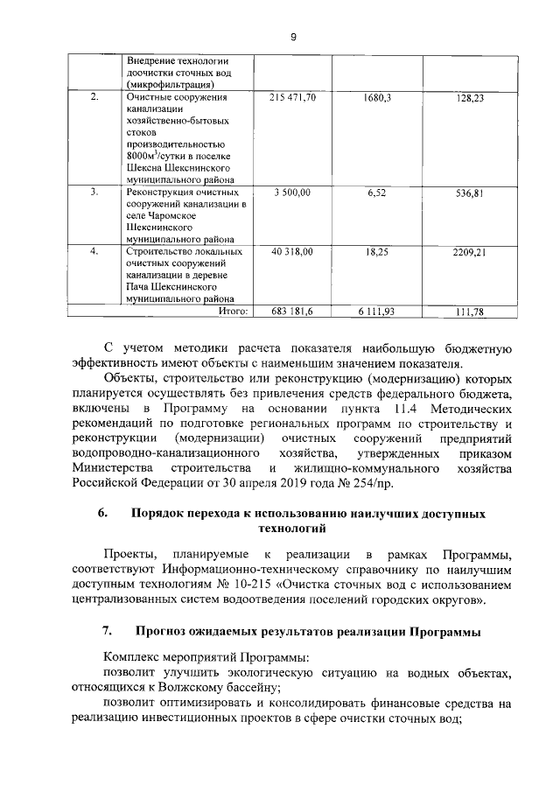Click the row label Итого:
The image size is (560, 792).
point(234,311)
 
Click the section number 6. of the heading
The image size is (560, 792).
point(102,514)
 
